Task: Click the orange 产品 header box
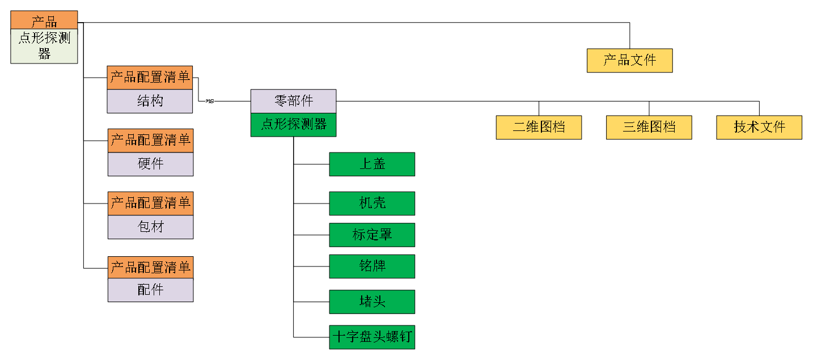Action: pos(44,21)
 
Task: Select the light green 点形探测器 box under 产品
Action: pos(44,46)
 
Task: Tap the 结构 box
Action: pos(150,101)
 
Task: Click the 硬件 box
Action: pos(151,164)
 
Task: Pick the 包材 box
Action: pos(151,227)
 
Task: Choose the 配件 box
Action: pos(151,290)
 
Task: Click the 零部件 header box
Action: pos(293,101)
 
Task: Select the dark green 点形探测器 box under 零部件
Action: pos(293,125)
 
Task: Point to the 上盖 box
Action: pos(372,164)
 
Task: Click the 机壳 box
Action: pos(372,204)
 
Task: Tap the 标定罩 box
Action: pos(372,235)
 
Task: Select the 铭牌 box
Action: pos(372,266)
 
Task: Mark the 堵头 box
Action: pos(372,302)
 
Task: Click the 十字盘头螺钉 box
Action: pos(372,337)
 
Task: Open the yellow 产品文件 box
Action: pos(629,61)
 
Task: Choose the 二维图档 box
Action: pos(539,128)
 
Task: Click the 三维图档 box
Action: pos(649,128)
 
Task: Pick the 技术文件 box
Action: pos(759,128)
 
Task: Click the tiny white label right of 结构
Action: pos(210,101)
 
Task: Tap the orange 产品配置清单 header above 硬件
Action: pos(151,141)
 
